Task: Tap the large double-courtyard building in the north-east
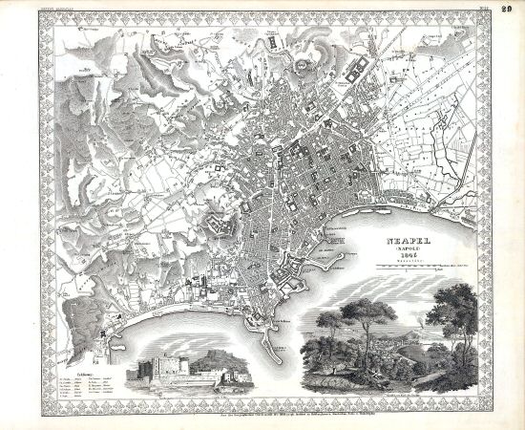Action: click(359, 69)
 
